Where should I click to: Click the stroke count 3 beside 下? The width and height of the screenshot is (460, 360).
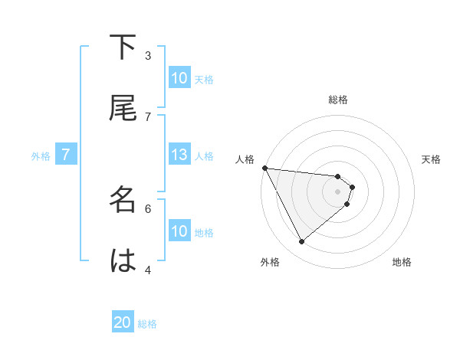click(x=148, y=55)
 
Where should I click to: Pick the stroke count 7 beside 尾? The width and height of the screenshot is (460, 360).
click(x=148, y=116)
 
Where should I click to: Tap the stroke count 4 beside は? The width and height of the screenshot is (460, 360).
click(x=148, y=269)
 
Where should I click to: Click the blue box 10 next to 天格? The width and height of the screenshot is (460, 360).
click(x=179, y=78)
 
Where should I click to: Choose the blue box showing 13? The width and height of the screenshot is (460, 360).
click(x=179, y=155)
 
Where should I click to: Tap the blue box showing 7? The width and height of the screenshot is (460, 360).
click(x=66, y=155)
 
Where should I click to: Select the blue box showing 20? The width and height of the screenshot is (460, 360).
click(x=123, y=322)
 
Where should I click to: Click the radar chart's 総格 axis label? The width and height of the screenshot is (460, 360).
click(x=338, y=100)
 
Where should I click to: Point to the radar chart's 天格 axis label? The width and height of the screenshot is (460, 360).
click(x=432, y=159)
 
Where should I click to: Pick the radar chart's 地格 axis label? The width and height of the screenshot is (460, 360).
click(x=402, y=262)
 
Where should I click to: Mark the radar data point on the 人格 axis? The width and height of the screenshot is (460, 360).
click(x=264, y=168)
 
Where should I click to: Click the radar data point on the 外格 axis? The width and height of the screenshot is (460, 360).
click(x=301, y=241)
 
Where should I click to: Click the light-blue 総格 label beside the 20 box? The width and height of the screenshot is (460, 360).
click(x=147, y=324)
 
